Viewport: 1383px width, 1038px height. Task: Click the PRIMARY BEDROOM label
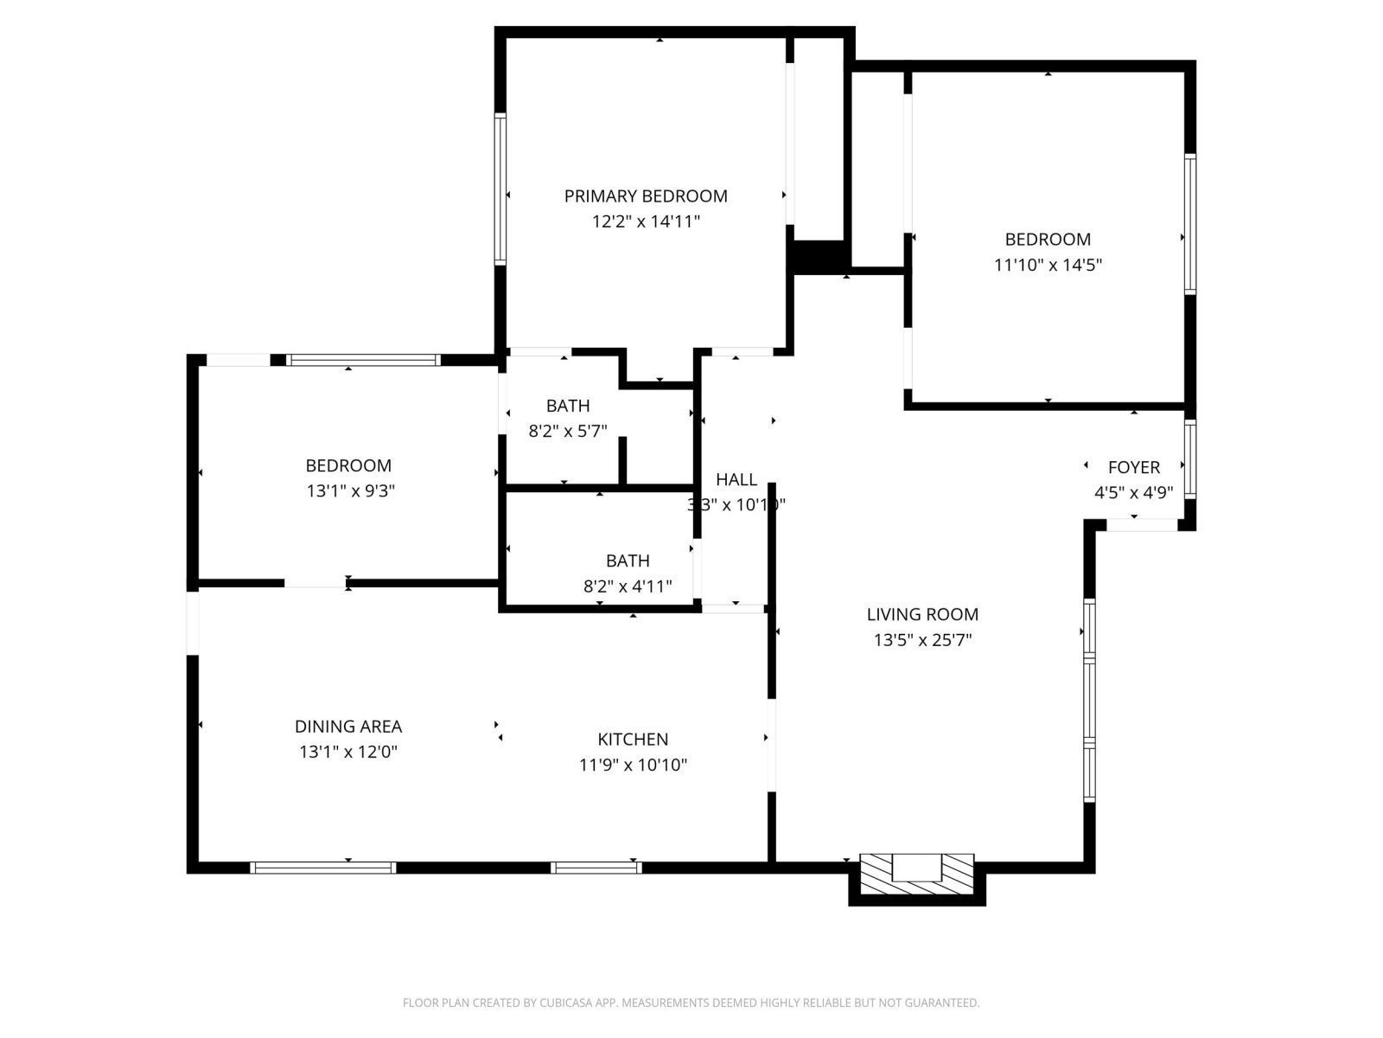646,196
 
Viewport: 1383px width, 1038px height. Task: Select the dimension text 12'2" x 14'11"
646,221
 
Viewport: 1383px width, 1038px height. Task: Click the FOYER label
1133,468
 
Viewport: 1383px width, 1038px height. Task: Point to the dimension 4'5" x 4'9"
1133,493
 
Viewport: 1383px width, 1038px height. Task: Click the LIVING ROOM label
922,615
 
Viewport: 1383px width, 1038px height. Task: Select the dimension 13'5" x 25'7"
922,641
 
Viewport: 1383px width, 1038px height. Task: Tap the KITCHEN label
633,740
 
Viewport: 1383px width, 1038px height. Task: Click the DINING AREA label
348,727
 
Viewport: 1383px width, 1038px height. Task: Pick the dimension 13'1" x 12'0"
348,753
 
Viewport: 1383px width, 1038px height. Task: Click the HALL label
736,479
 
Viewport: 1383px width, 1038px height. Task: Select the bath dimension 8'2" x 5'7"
568,431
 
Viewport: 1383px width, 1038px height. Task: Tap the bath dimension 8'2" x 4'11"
628,586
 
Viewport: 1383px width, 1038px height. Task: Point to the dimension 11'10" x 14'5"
1048,265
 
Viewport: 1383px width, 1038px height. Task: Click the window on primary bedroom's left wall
500,189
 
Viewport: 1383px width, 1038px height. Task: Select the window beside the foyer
1190,458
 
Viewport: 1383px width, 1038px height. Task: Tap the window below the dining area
322,868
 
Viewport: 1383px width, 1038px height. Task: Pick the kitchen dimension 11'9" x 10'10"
633,765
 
